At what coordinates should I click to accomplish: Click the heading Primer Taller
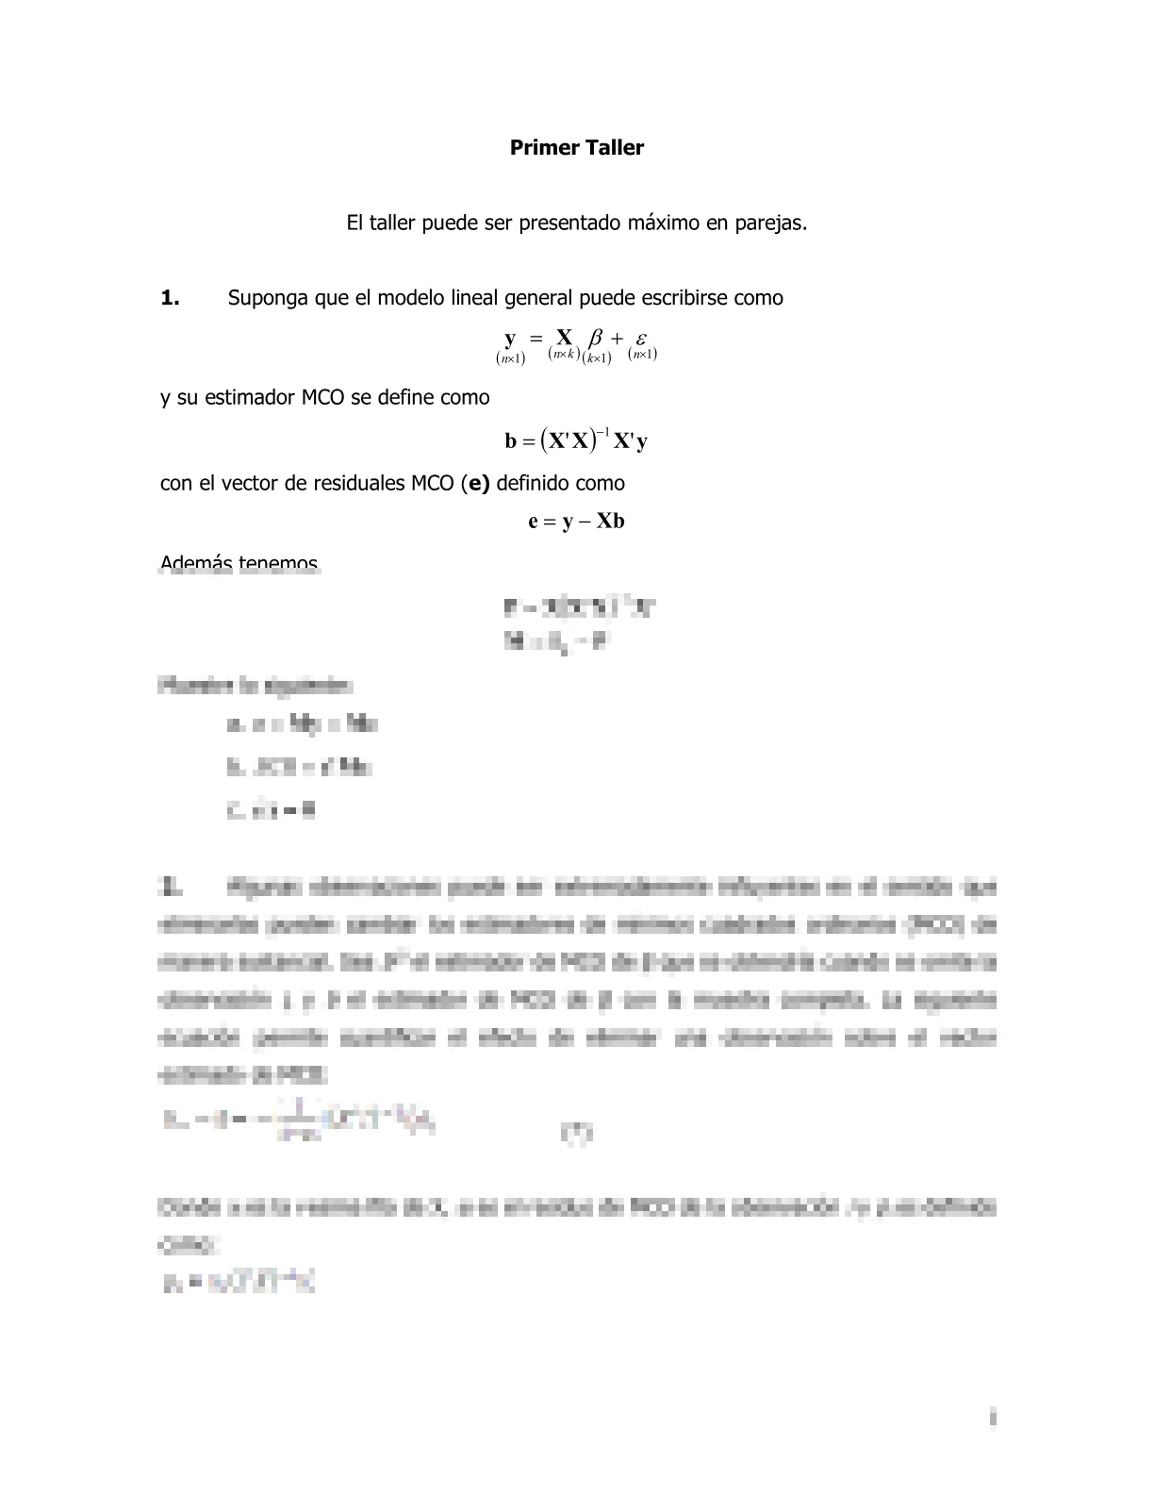[x=576, y=148]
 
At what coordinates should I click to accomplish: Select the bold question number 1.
[x=170, y=298]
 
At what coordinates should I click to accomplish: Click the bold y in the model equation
[x=510, y=338]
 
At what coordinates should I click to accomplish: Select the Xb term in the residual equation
[x=611, y=522]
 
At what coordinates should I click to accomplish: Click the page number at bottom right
[x=992, y=1418]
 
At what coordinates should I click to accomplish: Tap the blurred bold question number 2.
[x=171, y=887]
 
